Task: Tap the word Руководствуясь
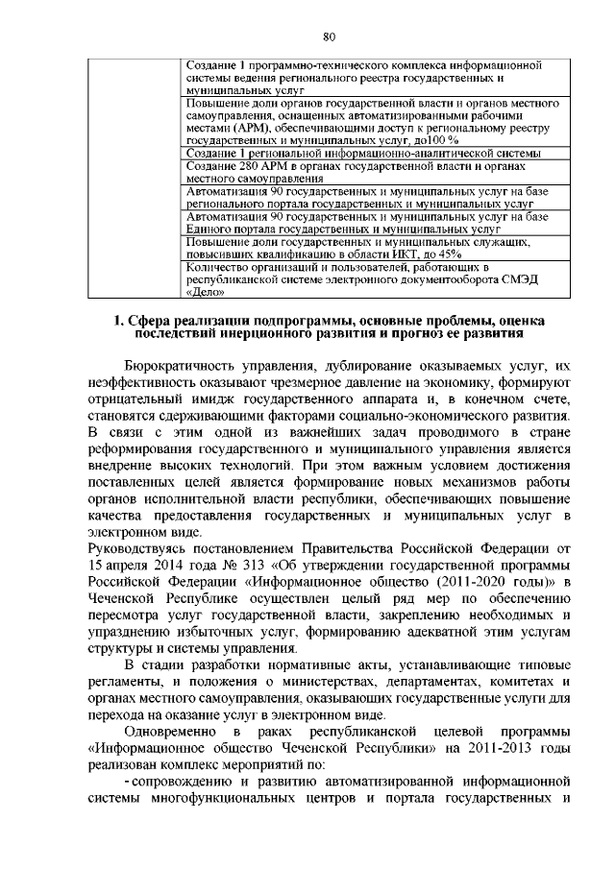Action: click(x=142, y=549)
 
